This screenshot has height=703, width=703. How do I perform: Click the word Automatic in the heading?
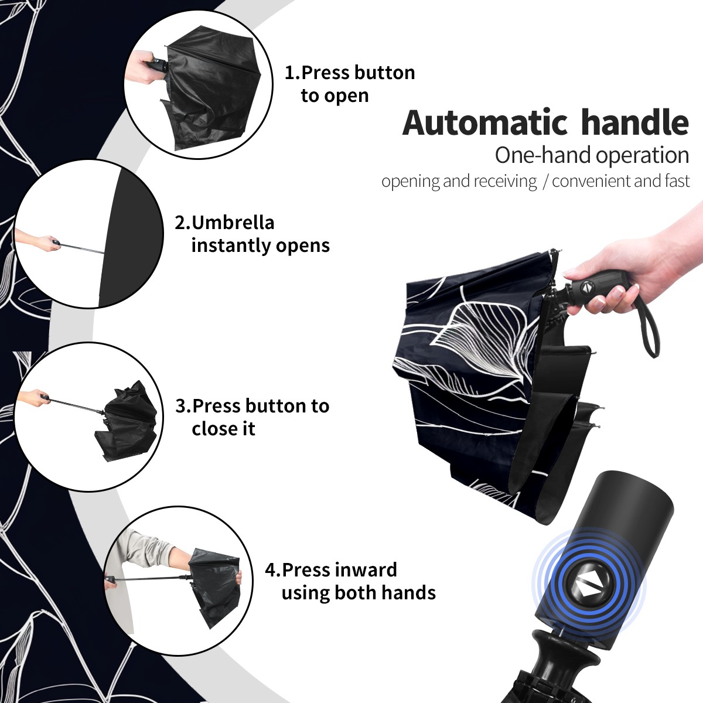click(485, 122)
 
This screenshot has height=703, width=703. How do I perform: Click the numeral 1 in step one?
click(289, 73)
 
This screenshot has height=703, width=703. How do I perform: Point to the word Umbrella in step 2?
click(233, 223)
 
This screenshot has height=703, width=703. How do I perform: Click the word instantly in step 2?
click(231, 245)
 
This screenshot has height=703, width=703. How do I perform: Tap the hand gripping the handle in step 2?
click(41, 241)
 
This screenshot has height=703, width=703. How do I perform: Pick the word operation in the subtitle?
click(643, 156)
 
